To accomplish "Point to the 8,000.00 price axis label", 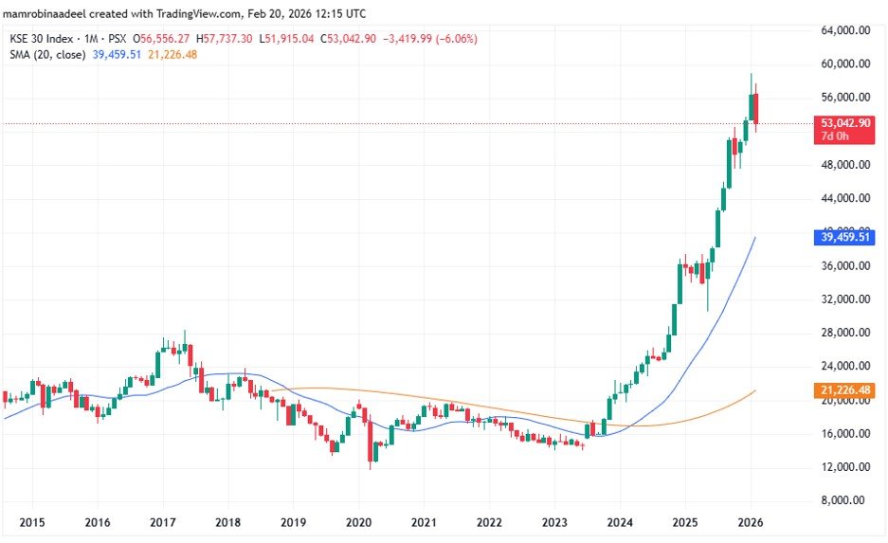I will pos(846,500).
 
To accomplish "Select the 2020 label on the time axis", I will pos(358,523).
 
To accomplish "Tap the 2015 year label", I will pos(31,523).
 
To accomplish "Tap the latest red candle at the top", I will pos(755,109).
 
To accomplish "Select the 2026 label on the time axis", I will pos(751,523).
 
